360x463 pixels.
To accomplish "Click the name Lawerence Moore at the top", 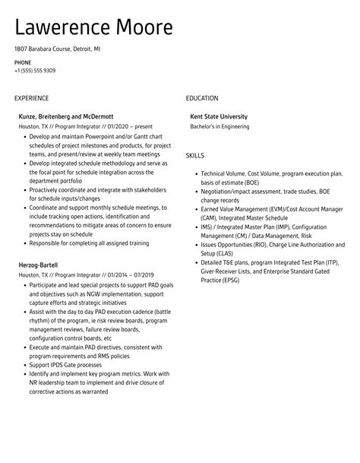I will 94,28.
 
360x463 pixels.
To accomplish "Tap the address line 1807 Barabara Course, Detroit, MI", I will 57,49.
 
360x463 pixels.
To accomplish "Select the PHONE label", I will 22,62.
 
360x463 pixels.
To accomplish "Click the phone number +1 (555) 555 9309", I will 35,71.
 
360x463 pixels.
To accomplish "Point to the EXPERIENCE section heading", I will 31,98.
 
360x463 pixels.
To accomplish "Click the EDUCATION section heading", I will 202,98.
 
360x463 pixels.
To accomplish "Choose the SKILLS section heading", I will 195,155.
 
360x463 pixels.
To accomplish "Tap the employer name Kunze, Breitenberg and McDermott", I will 65,116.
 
